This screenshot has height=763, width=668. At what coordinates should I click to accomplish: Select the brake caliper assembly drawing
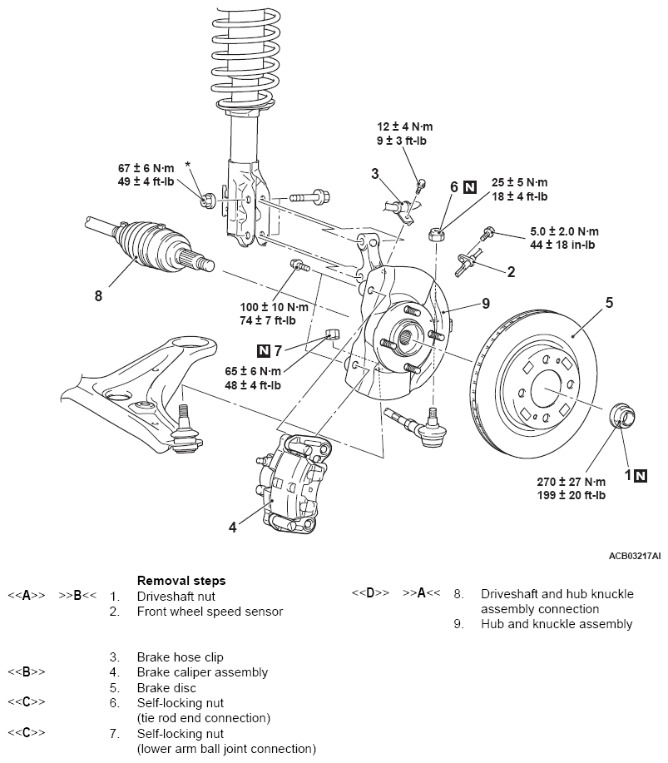[x=288, y=483]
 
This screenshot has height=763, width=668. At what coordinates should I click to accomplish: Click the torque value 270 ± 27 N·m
[x=572, y=482]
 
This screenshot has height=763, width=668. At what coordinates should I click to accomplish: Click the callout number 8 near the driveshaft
[x=98, y=294]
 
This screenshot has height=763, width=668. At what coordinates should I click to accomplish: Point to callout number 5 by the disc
[x=609, y=303]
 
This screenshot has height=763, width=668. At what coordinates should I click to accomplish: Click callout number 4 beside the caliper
[x=233, y=527]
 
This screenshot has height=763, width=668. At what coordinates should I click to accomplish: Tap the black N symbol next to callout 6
[x=471, y=187]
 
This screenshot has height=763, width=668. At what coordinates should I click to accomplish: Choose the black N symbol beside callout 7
[x=265, y=349]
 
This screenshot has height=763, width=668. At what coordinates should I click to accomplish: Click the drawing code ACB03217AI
[x=634, y=555]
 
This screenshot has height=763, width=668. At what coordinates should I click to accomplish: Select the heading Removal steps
[x=181, y=580]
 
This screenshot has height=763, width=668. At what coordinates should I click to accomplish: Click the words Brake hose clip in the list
[x=180, y=656]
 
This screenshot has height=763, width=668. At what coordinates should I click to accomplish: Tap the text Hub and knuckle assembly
[x=556, y=623]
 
